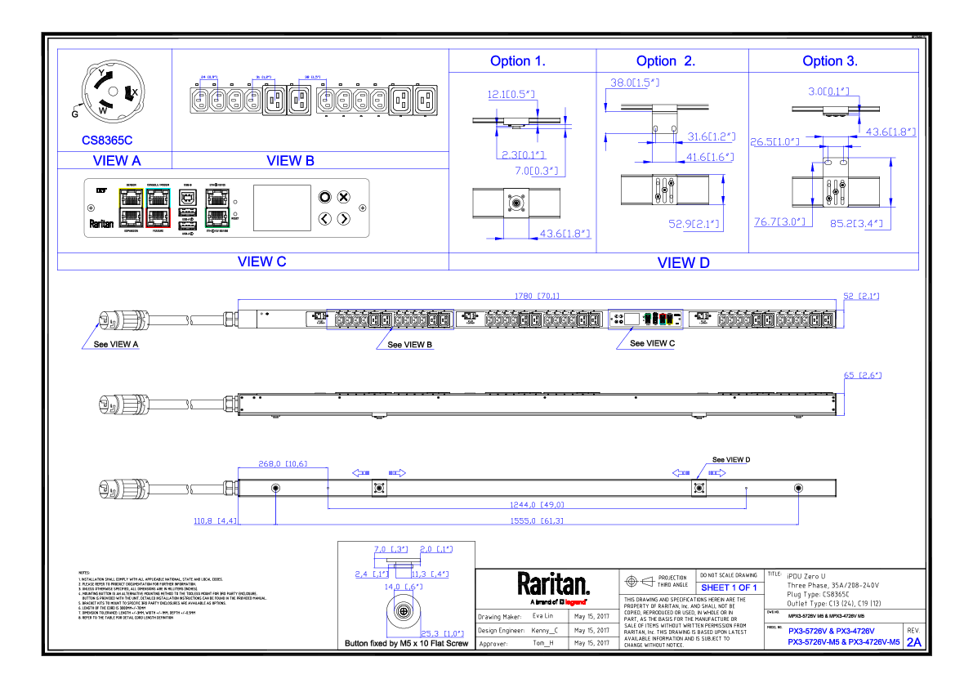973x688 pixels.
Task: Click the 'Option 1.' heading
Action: [x=517, y=61]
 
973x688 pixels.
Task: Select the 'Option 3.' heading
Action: [x=829, y=61]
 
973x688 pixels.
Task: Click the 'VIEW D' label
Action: [x=683, y=261]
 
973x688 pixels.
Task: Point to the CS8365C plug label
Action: [x=106, y=141]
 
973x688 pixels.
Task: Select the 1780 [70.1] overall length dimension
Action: [x=537, y=296]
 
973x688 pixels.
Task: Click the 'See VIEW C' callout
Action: [x=652, y=344]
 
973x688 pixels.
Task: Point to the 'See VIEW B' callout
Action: [x=410, y=345]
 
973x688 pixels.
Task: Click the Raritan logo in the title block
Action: [x=553, y=585]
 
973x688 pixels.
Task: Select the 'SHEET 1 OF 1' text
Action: [x=730, y=587]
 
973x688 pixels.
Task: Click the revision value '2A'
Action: [x=913, y=642]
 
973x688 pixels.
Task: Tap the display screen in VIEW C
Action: [x=281, y=208]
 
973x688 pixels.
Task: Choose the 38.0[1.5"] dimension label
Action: [x=635, y=83]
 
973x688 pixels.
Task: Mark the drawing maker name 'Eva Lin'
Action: [x=542, y=616]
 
